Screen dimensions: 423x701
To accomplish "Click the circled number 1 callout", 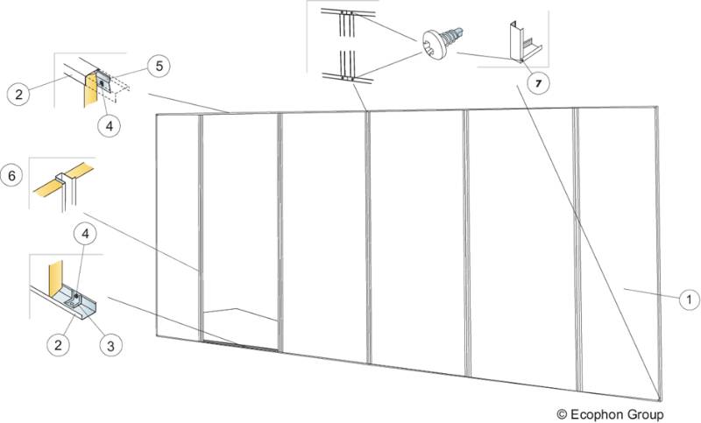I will [x=690, y=299].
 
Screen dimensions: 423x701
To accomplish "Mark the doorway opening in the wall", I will [x=241, y=236].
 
